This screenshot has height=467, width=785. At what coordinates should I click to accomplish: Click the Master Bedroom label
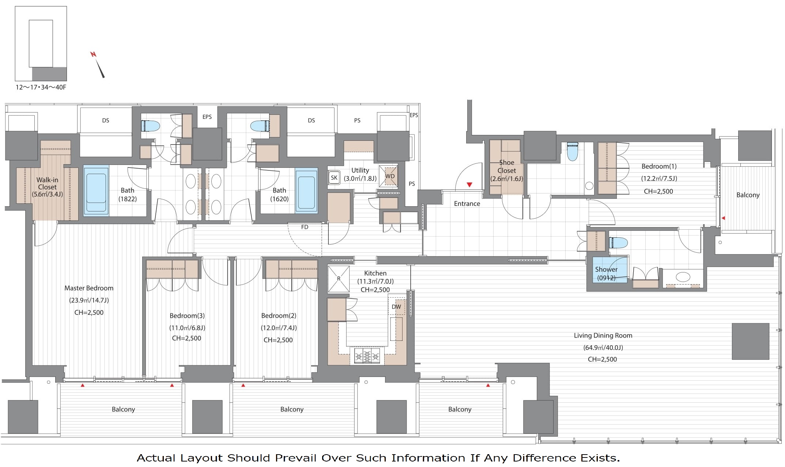point(89,288)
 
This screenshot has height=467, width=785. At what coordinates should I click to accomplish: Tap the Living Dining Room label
point(603,336)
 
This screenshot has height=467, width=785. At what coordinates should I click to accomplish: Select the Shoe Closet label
point(507,166)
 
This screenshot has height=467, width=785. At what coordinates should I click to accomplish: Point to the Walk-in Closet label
point(47,183)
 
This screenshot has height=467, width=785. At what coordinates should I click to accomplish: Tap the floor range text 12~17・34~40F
point(41,87)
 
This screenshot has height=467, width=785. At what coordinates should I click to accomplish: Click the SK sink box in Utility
point(334,178)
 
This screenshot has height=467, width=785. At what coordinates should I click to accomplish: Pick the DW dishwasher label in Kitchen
point(396,307)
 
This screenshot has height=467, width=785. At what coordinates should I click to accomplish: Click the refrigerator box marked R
point(339,279)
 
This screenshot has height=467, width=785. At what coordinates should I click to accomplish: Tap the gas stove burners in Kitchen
point(367,355)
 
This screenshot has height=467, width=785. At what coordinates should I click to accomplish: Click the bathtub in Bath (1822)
point(96,191)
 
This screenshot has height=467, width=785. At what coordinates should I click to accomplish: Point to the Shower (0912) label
point(606,274)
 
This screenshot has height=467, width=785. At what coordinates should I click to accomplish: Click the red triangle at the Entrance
point(469,185)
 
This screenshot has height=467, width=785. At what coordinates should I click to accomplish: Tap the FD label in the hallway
point(305,227)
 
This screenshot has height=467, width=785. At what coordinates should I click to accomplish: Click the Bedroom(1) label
point(659,166)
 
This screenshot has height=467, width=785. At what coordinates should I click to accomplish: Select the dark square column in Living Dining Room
point(751,341)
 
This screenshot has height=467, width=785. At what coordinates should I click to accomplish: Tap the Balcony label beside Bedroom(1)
point(748,195)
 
